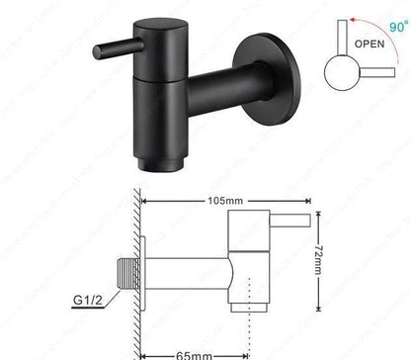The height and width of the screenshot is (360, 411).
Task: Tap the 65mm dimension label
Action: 188,353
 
